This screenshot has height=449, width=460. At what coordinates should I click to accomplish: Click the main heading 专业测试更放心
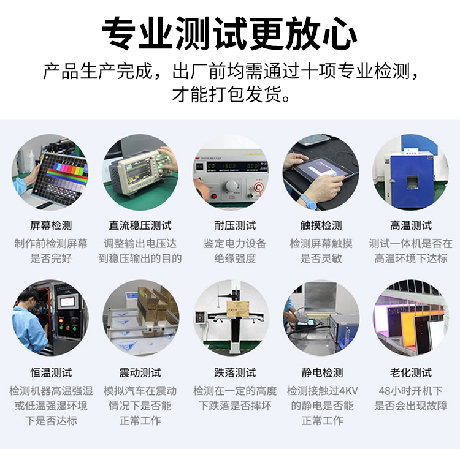pos(230,33)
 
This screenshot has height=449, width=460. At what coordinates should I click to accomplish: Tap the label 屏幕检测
pos(51,225)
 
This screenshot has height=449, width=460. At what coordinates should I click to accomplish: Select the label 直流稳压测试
pos(140,225)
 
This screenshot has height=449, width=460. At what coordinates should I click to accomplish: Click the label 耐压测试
pos(235,225)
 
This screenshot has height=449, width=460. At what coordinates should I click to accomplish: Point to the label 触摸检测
pos(321,225)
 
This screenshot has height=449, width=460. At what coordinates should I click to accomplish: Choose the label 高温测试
pos(411,225)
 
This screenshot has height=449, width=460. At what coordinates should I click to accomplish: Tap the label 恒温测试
pos(51,373)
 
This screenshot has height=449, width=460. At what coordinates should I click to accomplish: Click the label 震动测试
pos(140,373)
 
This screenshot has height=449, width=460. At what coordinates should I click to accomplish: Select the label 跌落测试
pos(235,373)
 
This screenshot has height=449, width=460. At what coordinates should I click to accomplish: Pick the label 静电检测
pos(322,373)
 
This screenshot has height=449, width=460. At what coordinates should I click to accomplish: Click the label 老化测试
pos(411,373)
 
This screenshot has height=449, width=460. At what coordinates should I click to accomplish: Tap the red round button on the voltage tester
pos(258,187)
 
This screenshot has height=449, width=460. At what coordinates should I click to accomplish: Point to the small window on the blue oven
pos(412,182)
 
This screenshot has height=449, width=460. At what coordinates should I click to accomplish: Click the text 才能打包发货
pos(231,94)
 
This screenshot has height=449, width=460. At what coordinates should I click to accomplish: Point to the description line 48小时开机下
pos(411,391)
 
